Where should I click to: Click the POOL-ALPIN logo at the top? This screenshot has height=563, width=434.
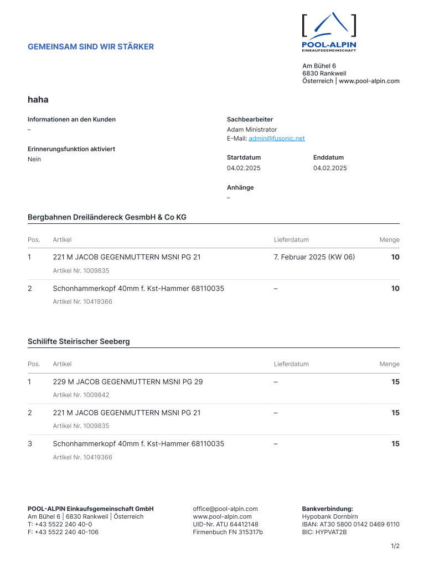tap(329, 32)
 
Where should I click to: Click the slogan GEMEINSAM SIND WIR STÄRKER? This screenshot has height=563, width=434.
tap(91, 47)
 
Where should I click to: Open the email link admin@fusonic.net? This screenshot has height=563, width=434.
tap(276, 139)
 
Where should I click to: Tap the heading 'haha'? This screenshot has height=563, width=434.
tap(38, 100)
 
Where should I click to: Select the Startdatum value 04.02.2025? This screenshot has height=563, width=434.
tap(244, 168)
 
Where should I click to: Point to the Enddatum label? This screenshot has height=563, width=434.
tap(328, 157)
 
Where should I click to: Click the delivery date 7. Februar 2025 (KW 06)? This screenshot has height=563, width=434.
tap(314, 257)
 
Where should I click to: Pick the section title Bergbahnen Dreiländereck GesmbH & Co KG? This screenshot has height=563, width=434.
tap(107, 217)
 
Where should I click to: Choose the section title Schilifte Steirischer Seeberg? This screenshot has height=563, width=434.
tap(79, 341)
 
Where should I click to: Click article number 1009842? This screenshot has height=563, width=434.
tap(81, 395)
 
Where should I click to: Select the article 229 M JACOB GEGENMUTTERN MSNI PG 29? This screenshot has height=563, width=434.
tap(128, 382)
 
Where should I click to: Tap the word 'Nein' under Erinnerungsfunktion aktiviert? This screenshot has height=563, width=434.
tap(34, 160)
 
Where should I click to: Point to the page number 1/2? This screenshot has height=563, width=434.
tap(395, 546)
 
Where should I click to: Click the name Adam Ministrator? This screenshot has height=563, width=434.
tap(252, 130)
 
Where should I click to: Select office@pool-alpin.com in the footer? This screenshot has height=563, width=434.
tap(225, 509)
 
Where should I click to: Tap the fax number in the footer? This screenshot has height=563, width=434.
tap(63, 532)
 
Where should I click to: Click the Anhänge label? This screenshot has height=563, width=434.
tap(240, 187)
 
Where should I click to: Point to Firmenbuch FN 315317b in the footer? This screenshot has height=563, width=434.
tap(228, 532)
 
